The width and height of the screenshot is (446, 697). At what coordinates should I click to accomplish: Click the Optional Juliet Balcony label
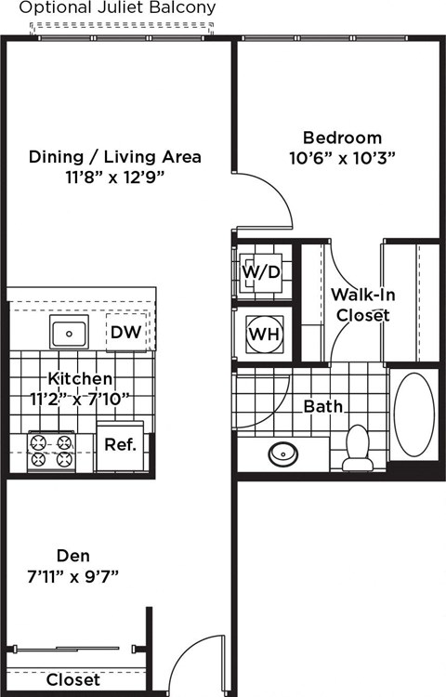point(118,7)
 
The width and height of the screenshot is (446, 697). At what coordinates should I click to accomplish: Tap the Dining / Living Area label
point(115,156)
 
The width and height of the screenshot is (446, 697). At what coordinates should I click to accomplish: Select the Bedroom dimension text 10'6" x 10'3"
point(342,158)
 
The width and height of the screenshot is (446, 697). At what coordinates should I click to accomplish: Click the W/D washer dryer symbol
point(261,272)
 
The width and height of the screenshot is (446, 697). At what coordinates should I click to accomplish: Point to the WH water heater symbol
point(261,334)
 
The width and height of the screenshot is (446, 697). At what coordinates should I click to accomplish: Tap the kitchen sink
point(69,332)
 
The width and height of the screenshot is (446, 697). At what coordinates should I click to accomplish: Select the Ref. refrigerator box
point(121,444)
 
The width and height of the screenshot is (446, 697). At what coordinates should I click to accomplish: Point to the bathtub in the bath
point(413,415)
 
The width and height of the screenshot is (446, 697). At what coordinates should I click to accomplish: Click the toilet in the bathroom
point(358,449)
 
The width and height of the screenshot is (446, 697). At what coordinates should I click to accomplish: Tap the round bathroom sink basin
point(282,454)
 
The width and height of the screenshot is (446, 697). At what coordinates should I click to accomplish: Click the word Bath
point(323,406)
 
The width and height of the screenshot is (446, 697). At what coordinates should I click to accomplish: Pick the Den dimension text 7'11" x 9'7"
point(73,575)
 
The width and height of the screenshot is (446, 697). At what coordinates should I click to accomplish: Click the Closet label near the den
point(73,679)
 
